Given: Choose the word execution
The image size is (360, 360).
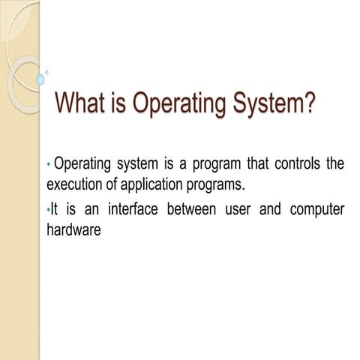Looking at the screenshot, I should tap(74, 184).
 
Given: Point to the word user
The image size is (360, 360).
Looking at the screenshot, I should tap(238, 210).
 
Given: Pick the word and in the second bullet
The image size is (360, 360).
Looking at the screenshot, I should tap(269, 210).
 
